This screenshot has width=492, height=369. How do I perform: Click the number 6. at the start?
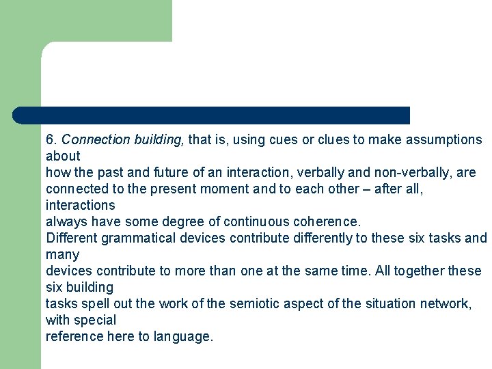point(51,140)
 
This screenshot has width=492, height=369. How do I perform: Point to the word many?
point(62,254)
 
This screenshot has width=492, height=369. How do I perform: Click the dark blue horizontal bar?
point(212,115)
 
